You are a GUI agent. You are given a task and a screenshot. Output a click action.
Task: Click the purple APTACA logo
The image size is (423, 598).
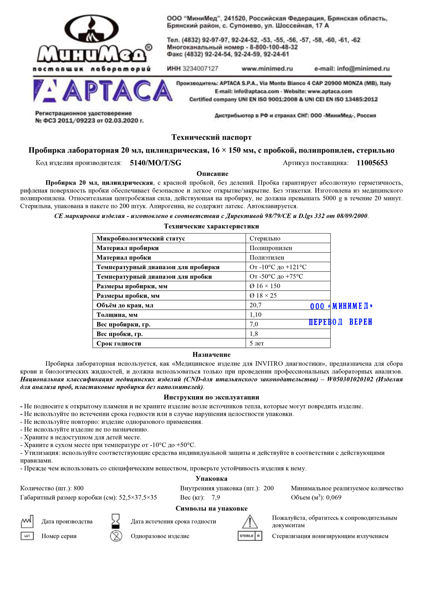(x=102, y=91)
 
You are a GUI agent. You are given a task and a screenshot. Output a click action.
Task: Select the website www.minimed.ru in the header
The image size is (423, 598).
(x=267, y=69)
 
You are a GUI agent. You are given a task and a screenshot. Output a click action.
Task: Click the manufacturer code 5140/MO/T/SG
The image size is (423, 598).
(x=155, y=163)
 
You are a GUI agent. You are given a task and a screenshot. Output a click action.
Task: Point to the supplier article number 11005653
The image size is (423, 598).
(x=372, y=163)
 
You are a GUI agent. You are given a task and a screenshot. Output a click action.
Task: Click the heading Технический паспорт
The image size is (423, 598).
(x=211, y=137)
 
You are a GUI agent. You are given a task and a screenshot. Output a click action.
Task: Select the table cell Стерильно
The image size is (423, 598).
(x=265, y=239)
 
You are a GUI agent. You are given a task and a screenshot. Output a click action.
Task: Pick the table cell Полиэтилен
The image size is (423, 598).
(x=267, y=258)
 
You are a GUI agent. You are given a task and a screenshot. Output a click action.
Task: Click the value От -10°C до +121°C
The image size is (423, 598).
(x=278, y=267)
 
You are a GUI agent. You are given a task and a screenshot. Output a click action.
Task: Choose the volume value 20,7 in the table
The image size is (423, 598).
(x=256, y=305)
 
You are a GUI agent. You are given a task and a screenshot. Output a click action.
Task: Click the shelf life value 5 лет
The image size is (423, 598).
(x=257, y=343)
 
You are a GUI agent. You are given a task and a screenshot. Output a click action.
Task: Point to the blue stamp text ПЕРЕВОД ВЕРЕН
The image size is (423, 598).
(x=341, y=322)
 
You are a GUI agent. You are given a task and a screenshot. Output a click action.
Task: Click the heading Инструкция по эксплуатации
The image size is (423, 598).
(x=211, y=397)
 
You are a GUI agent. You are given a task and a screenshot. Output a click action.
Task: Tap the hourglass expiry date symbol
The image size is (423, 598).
(x=116, y=521)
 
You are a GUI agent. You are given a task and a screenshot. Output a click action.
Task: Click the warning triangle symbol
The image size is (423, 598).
(x=250, y=521)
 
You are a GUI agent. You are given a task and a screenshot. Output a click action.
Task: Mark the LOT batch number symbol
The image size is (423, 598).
(x=27, y=536)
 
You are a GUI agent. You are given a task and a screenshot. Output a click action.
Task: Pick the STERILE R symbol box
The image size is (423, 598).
(x=250, y=536)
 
